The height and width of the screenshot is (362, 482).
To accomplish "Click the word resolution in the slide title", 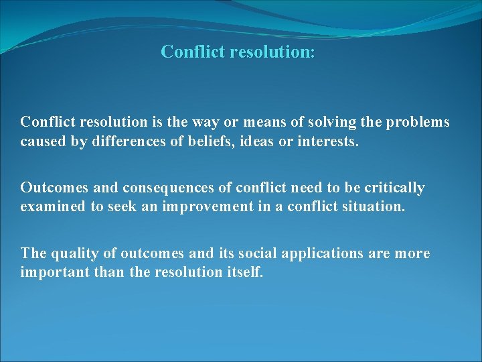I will tap(271, 52).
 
